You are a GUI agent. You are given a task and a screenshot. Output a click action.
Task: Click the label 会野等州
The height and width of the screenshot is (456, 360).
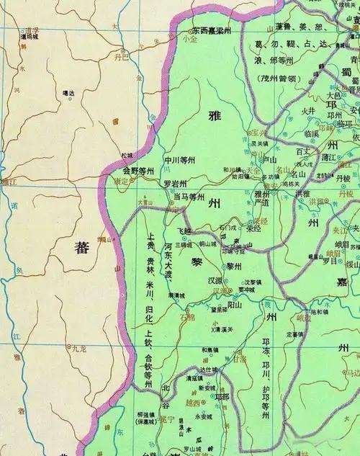click(x=138, y=171)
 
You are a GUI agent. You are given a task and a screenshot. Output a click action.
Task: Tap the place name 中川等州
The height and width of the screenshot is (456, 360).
click(x=181, y=160)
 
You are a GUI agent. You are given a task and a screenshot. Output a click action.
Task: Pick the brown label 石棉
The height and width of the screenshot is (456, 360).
click(x=189, y=316)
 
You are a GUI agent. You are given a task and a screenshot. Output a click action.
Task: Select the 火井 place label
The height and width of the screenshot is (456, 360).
click(x=308, y=110)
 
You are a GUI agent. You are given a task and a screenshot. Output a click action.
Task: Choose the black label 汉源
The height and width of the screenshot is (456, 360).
click(x=214, y=279)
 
